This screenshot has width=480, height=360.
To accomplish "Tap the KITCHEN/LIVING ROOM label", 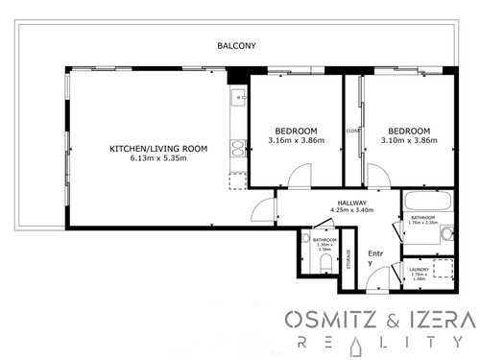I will tap(158, 148).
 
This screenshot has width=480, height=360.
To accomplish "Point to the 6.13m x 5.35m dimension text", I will tap(158, 158).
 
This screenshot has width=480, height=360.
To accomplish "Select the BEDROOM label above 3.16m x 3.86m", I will tap(296, 131).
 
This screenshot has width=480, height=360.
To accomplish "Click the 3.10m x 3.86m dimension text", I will tap(409, 141).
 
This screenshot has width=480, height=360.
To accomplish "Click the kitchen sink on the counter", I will tap(237, 98).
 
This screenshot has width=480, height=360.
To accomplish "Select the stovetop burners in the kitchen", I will tap(237, 148).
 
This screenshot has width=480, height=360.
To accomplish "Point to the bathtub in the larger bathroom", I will tap(427, 203).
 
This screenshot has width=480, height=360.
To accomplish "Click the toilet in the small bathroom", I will tap(326, 260).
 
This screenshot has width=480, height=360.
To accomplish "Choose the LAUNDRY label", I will tap(419, 270).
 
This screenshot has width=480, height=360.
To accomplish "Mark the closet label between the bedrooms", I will tap(352, 131).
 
